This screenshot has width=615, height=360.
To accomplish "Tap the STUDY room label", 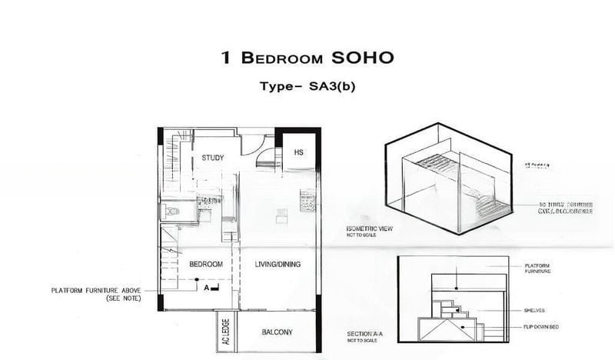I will point(213,158).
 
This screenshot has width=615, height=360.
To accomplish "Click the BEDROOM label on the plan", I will point(205,264).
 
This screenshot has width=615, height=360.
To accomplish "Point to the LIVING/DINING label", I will point(278,264).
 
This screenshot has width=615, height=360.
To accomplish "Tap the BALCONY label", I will point(277,332).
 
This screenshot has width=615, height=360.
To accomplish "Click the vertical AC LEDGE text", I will point(226,330).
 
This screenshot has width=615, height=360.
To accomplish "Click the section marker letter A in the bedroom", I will point(205,288).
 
